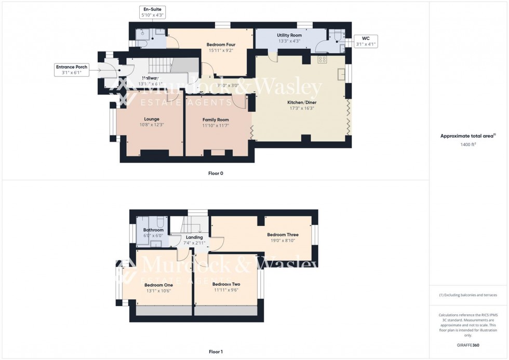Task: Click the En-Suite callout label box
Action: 151,12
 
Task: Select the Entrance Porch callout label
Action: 71,70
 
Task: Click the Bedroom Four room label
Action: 221,45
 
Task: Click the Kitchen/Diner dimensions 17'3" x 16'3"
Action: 302,109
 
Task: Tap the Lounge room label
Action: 152,119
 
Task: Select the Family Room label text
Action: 216,119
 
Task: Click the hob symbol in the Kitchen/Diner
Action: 322,60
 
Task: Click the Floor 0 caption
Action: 216,173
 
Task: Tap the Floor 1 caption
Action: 216,352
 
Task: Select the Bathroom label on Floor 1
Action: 153,230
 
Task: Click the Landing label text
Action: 194,237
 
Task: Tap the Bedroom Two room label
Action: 226,284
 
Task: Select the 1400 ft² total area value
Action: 468,144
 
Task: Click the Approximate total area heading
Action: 468,136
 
